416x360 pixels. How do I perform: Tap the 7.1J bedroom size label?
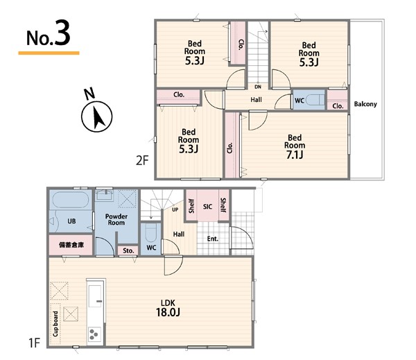(x=295, y=155)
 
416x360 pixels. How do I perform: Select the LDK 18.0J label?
(x=168, y=308)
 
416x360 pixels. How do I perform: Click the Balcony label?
(x=365, y=104)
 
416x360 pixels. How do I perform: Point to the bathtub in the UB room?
(x=71, y=200)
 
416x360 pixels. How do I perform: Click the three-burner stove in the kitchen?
(x=94, y=334)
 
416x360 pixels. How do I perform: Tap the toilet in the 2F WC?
(x=315, y=101)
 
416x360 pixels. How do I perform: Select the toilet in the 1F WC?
(x=151, y=233)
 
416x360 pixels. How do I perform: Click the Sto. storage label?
(x=128, y=250)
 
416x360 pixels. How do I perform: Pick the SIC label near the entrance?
(x=207, y=207)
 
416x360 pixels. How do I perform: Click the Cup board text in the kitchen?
(x=55, y=324)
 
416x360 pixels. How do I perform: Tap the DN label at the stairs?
(x=258, y=87)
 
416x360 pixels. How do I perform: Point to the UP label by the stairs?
(x=175, y=209)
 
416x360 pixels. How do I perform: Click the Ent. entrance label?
(x=213, y=239)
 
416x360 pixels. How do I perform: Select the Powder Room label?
(x=116, y=220)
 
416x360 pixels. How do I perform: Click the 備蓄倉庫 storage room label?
(x=71, y=245)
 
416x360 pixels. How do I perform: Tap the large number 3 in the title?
(x=62, y=33)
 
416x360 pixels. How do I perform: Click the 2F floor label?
(x=142, y=160)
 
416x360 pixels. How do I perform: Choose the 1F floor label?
(x=35, y=343)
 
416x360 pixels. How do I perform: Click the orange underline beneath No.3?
(x=49, y=53)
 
